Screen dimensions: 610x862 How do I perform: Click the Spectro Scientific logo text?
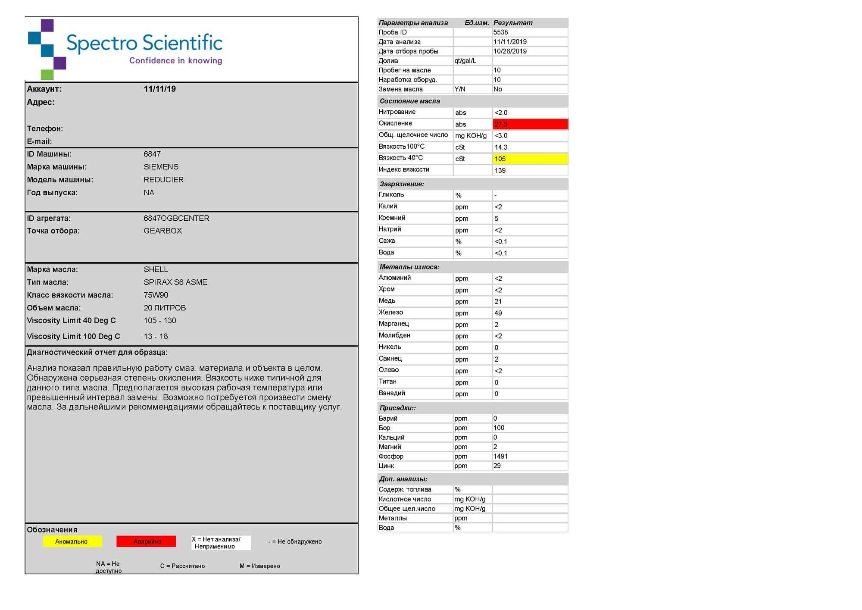[x=144, y=43]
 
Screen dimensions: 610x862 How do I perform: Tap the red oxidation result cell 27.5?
[x=530, y=124]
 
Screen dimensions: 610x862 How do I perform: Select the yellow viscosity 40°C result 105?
[x=530, y=159]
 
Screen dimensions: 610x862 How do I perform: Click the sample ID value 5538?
[x=501, y=32]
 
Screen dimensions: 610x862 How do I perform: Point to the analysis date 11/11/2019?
[x=510, y=42]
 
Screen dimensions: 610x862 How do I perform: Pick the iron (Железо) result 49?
[x=498, y=313]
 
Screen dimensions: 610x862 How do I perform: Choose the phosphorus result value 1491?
[x=500, y=456]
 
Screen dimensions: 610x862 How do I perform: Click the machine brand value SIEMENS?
[x=161, y=167]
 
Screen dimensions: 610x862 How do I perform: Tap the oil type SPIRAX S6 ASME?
[x=175, y=282]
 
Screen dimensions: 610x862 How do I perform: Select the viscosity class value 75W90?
[x=156, y=295]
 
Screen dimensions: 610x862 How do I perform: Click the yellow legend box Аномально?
[x=72, y=541]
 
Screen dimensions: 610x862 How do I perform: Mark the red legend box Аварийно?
[x=147, y=541]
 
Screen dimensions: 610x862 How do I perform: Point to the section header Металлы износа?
[x=409, y=267]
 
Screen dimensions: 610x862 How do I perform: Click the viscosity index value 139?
[x=500, y=170]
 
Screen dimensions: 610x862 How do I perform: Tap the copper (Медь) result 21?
[x=498, y=301]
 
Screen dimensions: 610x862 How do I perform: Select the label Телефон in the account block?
[x=45, y=128]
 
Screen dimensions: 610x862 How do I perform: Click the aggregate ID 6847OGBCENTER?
[x=176, y=218]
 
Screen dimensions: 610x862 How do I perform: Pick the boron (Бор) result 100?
[x=499, y=428]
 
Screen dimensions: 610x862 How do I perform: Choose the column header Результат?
[x=513, y=23]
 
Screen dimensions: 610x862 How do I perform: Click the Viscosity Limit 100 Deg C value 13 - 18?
[x=156, y=336]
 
